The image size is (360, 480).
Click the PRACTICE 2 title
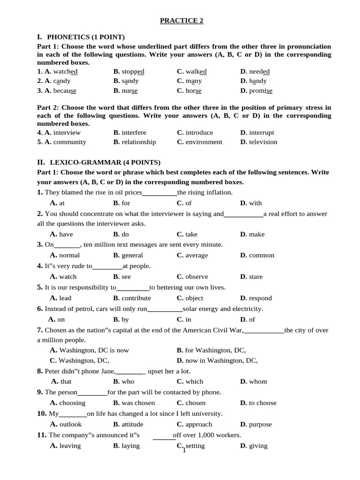181,21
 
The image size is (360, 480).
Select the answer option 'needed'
259,71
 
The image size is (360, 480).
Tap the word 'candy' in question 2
61,81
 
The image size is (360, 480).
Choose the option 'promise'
260,90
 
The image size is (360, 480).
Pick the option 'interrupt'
261,133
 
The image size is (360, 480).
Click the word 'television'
263,142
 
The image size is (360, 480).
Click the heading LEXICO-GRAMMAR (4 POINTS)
104,163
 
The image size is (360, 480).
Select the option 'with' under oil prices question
255,203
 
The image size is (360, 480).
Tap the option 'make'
256,234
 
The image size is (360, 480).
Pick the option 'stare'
255,277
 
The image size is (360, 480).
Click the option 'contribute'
136,298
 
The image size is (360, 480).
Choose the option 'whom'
257,382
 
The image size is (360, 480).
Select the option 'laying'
130,446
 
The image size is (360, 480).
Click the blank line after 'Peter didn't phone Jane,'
131,372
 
